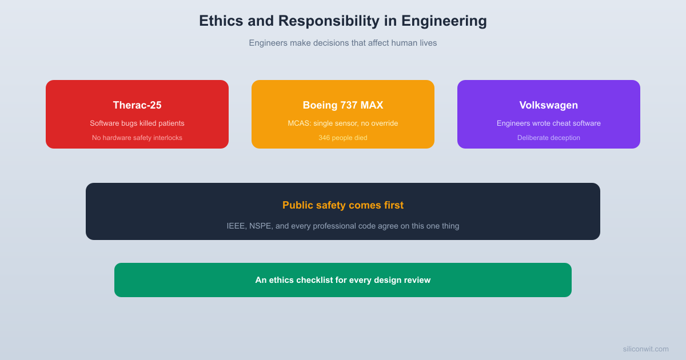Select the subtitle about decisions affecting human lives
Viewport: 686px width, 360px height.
coord(343,43)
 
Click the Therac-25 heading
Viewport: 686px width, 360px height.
coord(137,105)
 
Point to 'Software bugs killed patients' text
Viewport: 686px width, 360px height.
coord(137,123)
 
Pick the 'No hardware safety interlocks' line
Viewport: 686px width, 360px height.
coord(137,138)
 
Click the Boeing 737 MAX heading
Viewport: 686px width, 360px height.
coord(343,105)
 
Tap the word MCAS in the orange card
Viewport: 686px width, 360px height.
coord(298,123)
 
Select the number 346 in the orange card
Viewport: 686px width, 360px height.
coord(325,138)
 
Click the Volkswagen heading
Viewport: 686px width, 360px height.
coord(549,105)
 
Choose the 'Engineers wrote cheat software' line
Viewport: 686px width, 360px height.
coord(549,123)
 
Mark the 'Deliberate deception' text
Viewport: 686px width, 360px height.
coord(549,138)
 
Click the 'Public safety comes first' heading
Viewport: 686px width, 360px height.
coord(343,205)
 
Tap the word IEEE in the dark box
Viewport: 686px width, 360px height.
coord(237,226)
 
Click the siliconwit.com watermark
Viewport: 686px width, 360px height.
coord(645,349)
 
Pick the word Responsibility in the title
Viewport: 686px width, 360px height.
coord(329,21)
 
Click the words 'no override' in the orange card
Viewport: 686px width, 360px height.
coord(380,123)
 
